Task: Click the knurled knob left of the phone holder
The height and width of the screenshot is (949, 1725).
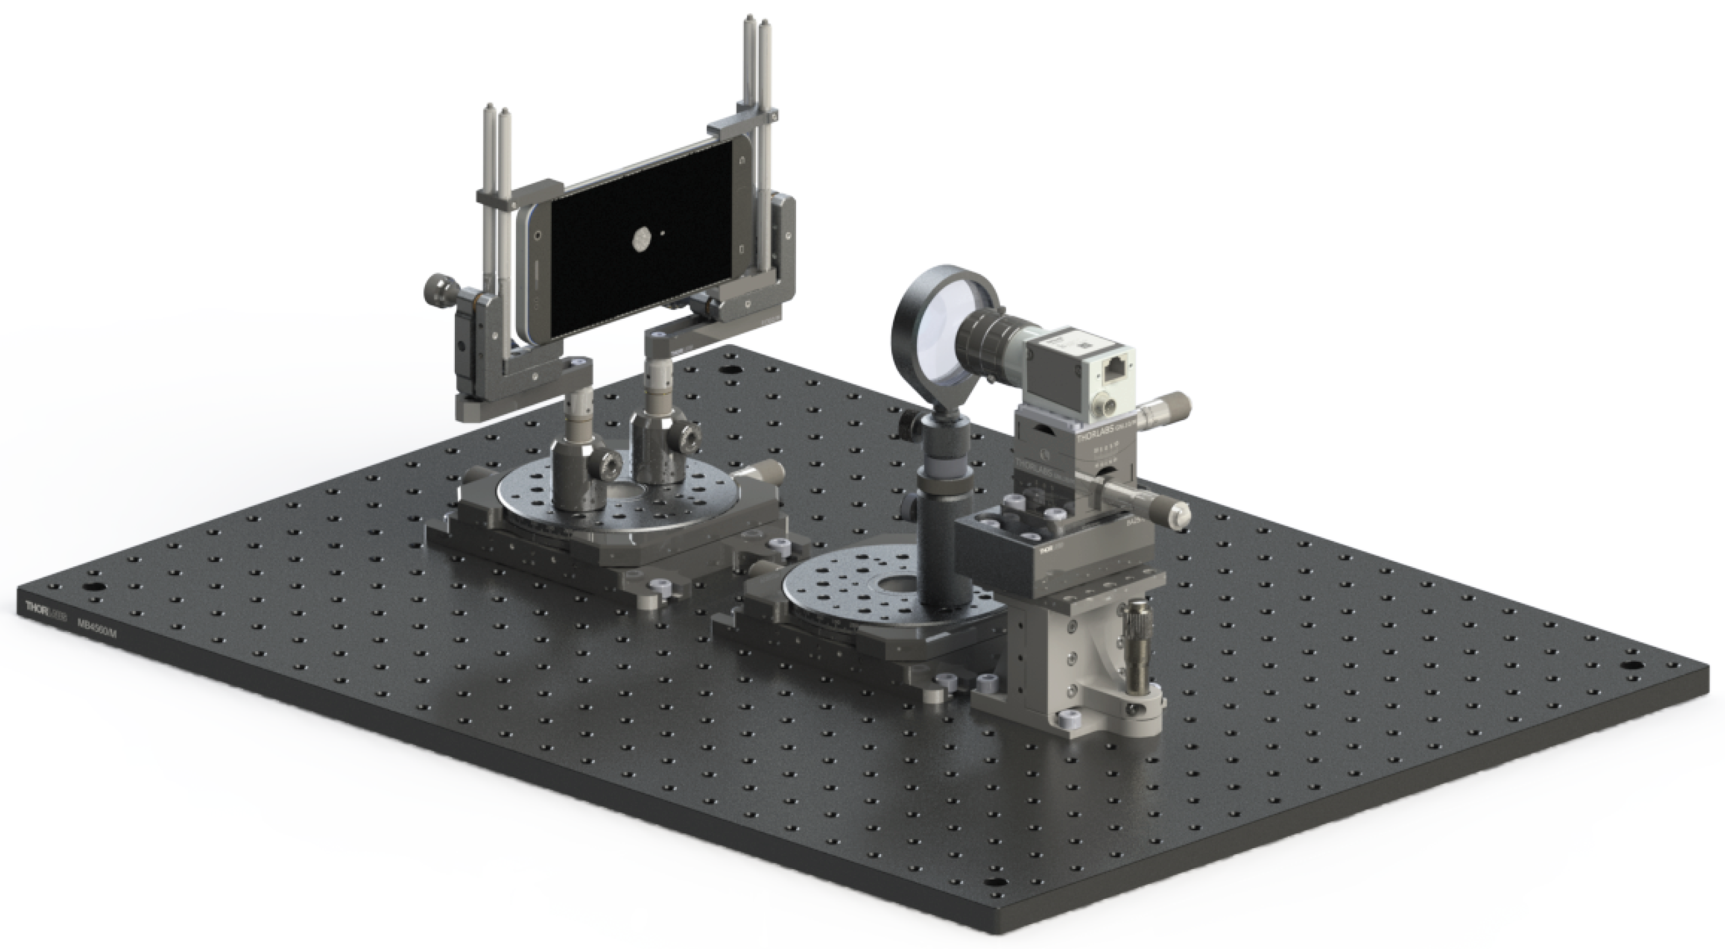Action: click(x=439, y=289)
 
